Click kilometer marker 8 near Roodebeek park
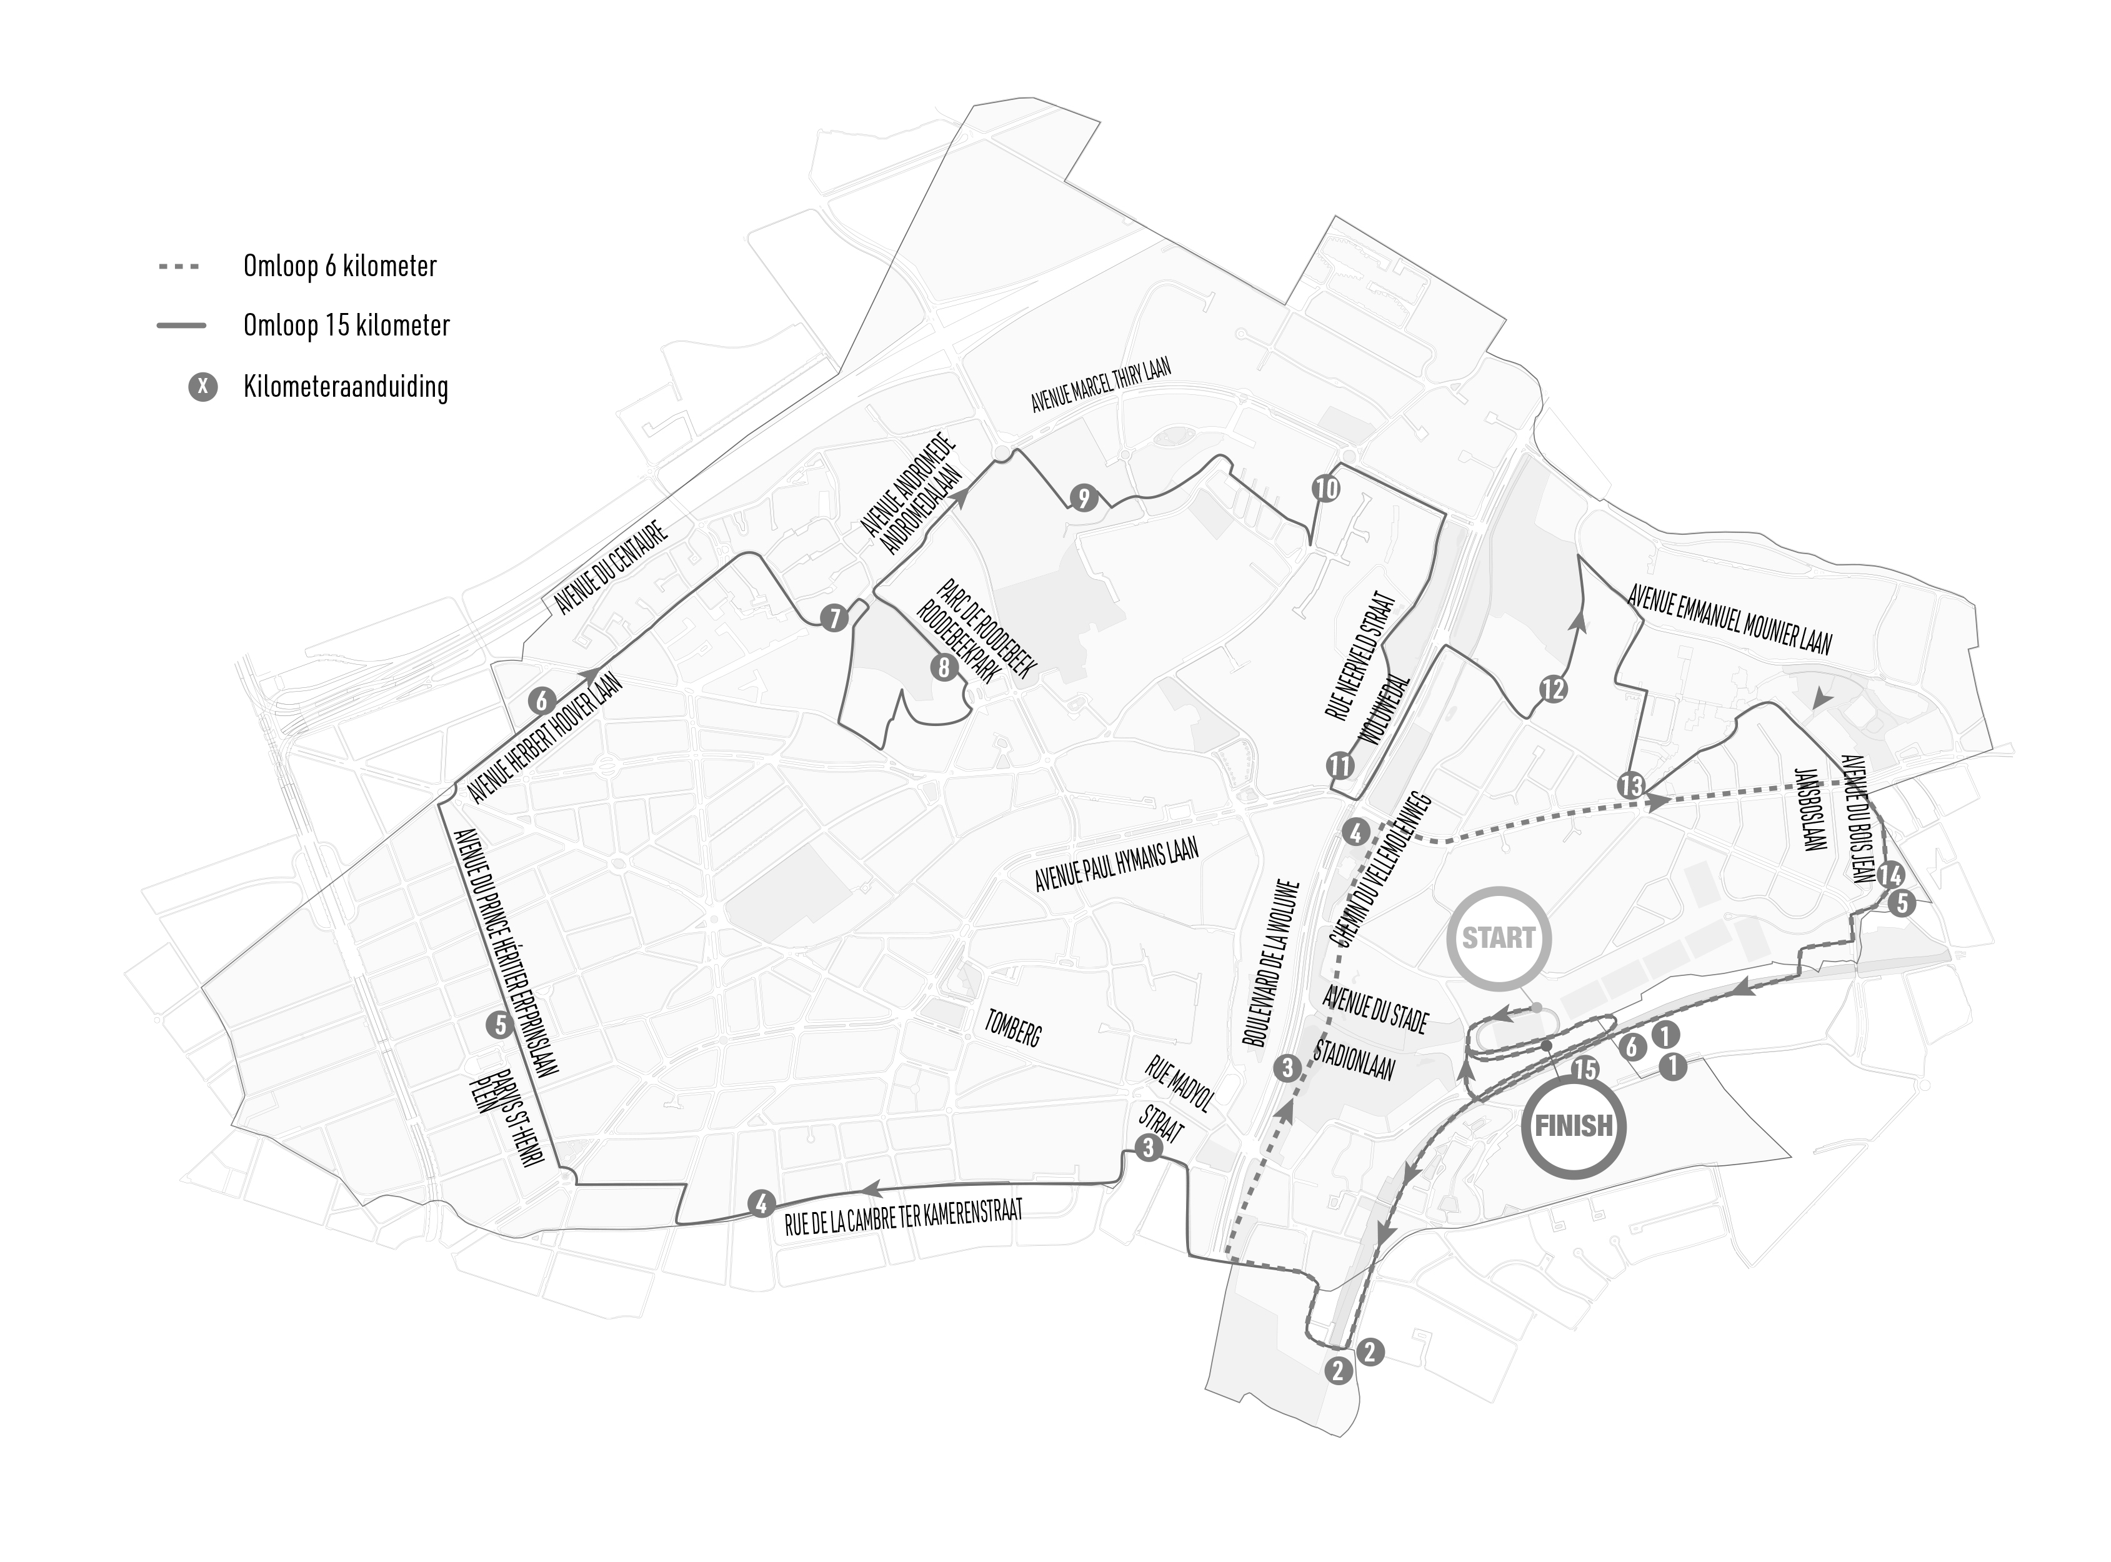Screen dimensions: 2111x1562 [943, 667]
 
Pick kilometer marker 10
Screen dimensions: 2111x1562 [1327, 488]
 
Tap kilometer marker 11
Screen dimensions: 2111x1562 [1340, 765]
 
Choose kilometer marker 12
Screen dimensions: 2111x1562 [1553, 689]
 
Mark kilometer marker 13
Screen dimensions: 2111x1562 [1630, 785]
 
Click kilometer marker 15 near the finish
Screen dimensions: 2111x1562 [1585, 1070]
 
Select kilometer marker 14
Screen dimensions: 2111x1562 [1890, 875]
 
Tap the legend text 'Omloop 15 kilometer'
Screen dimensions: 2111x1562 [346, 326]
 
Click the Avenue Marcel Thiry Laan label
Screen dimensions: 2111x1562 [1101, 386]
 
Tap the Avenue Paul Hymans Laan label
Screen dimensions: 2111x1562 [1116, 864]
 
